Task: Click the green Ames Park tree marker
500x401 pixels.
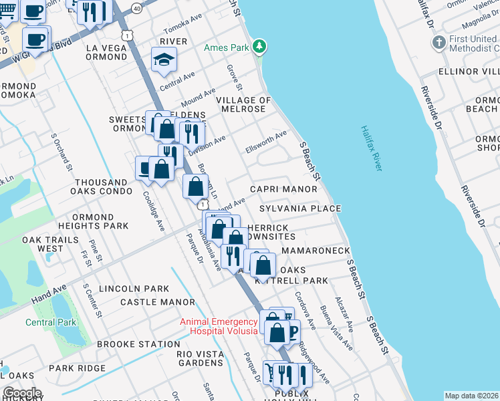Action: [261, 47]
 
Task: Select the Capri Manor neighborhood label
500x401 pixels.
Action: [283, 189]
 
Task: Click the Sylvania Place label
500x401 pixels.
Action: [300, 209]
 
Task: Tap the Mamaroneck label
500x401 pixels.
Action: [316, 250]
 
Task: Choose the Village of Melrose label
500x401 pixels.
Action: [243, 106]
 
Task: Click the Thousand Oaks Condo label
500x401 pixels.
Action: [101, 186]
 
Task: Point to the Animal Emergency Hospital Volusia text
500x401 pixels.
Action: [219, 326]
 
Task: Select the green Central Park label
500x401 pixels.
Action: [51, 322]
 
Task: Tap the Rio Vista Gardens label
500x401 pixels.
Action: [200, 358]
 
